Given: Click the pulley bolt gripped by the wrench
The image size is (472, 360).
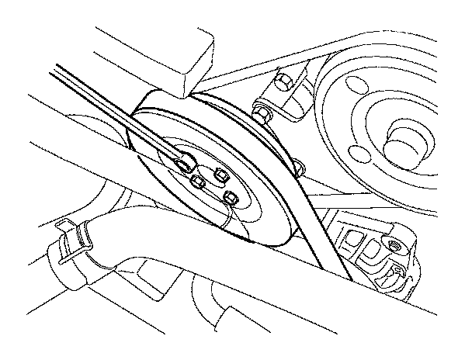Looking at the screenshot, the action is click(184, 163).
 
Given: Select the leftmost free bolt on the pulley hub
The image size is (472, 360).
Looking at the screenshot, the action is click(197, 182).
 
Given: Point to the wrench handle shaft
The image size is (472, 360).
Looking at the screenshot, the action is click(116, 116).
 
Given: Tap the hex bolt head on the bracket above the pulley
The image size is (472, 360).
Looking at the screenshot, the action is click(281, 81).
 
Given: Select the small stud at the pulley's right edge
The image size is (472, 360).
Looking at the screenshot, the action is click(300, 164).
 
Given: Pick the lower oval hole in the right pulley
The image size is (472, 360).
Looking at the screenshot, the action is click(356, 152).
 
